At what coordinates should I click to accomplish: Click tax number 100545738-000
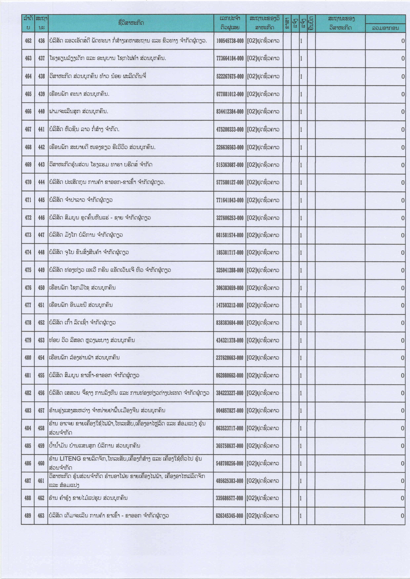point(230,41)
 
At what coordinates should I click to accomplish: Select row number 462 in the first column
point(28,41)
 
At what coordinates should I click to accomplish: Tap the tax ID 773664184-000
point(230,58)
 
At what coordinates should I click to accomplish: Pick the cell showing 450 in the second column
point(41,288)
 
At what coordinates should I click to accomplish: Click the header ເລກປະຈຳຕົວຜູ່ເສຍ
point(230,23)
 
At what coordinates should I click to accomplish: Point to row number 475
point(28,270)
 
